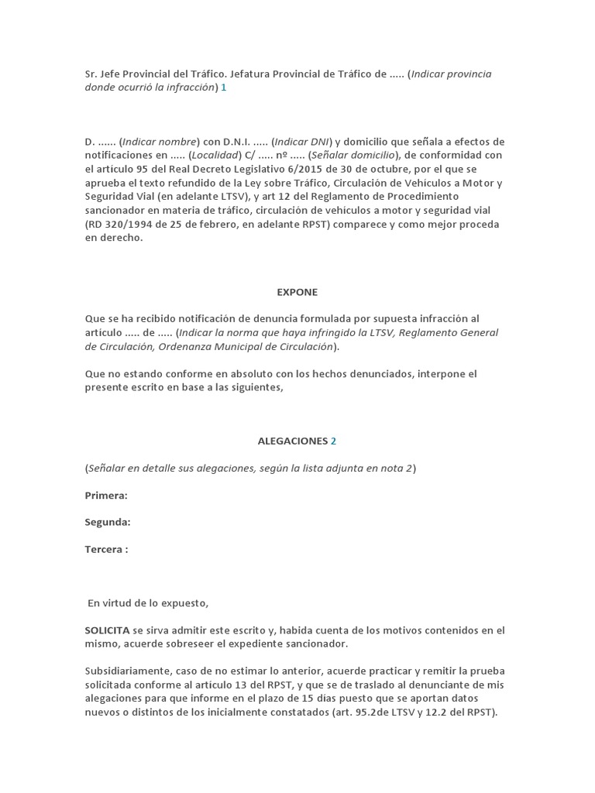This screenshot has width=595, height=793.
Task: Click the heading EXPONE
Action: [297, 292]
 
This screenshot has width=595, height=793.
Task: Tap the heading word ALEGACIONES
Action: [293, 441]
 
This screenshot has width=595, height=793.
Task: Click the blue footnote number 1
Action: [224, 88]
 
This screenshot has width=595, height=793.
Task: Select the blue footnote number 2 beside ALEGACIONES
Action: [334, 441]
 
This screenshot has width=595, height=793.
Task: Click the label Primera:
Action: [106, 495]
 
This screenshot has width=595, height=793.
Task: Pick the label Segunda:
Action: [108, 522]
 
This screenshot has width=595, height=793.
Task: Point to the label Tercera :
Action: [106, 549]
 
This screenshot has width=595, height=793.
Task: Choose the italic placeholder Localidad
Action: [216, 156]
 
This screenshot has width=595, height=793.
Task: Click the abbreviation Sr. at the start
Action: [91, 74]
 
